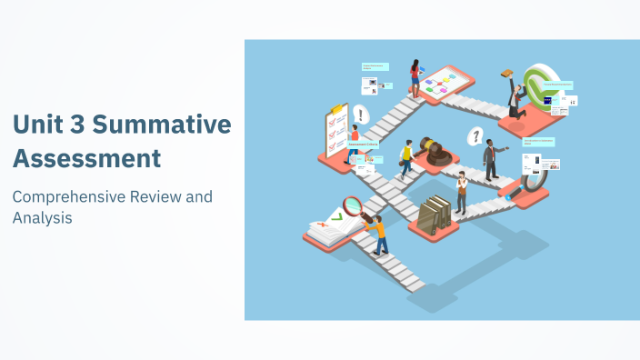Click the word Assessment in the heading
click(x=86, y=158)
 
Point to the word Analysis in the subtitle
click(x=42, y=218)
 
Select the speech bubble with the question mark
click(x=474, y=136)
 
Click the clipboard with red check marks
click(x=333, y=132)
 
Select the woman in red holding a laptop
click(x=415, y=77)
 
